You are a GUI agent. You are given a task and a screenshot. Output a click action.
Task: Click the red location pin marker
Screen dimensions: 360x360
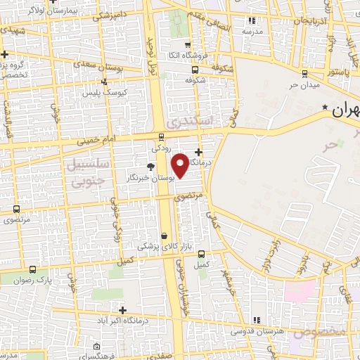coord(181,165)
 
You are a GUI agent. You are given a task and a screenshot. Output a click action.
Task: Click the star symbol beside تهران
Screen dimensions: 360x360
coord(326,107)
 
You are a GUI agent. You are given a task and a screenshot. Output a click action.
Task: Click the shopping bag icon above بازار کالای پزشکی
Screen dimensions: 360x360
coord(164,236)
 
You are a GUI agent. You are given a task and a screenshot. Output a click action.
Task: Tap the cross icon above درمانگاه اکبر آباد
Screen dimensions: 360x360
coord(123,310)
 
